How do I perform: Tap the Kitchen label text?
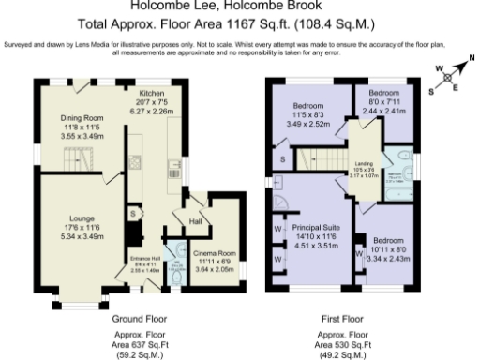point(154,95)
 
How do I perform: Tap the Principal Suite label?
point(315,228)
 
